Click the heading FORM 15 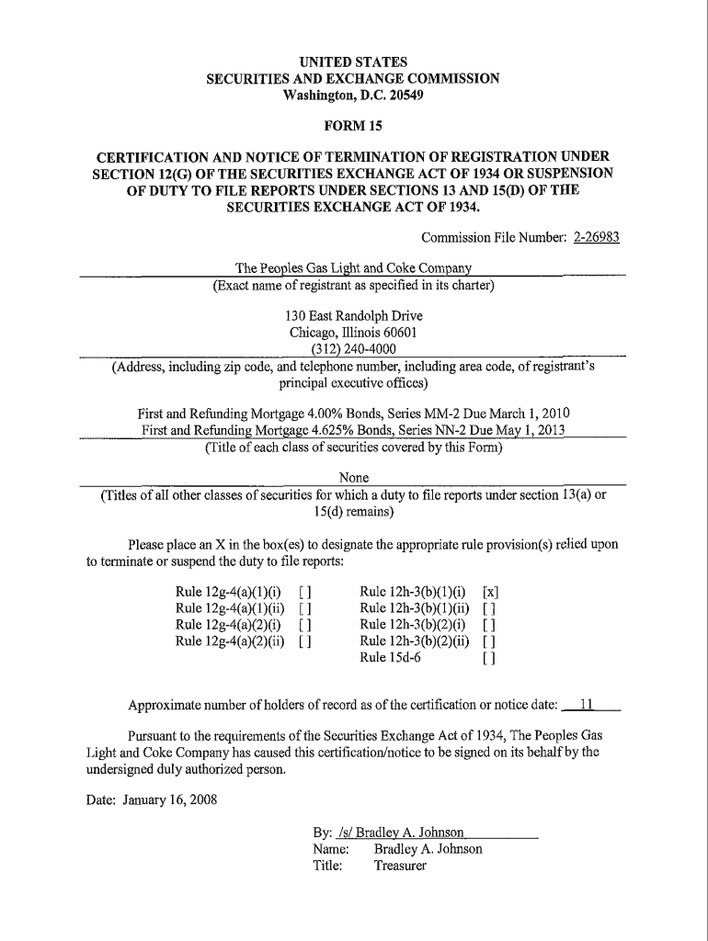(x=353, y=126)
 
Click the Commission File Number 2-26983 (x=596, y=236)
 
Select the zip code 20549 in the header (x=397, y=96)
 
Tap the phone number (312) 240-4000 (x=354, y=348)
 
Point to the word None (x=354, y=478)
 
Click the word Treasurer (x=400, y=866)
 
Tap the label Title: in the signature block (x=328, y=866)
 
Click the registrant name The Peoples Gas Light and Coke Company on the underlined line (x=354, y=268)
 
